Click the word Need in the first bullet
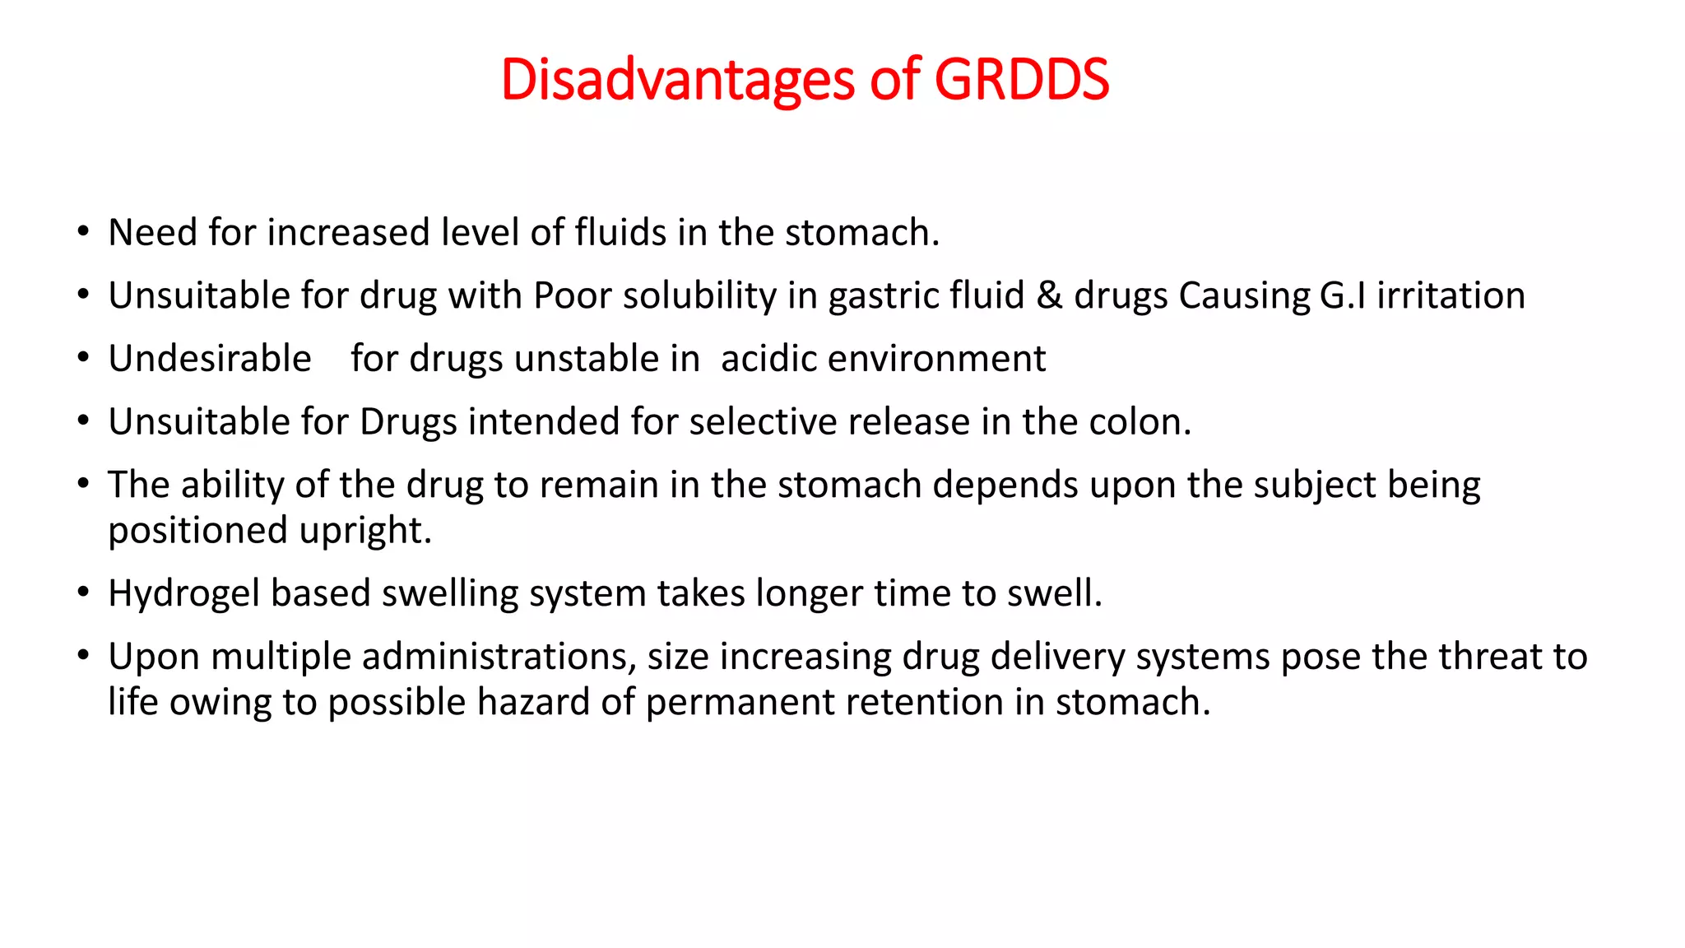(x=153, y=233)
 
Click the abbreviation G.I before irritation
(x=1343, y=295)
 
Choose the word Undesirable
(x=210, y=359)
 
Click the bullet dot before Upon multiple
(x=83, y=656)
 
